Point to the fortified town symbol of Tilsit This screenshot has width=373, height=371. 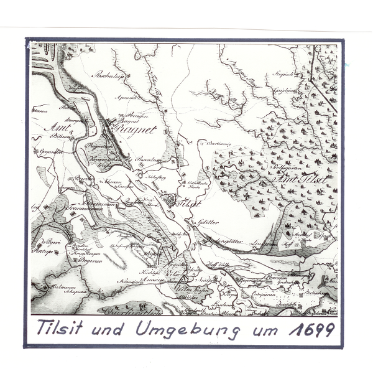click(168, 200)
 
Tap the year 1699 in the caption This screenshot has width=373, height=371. click(311, 329)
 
